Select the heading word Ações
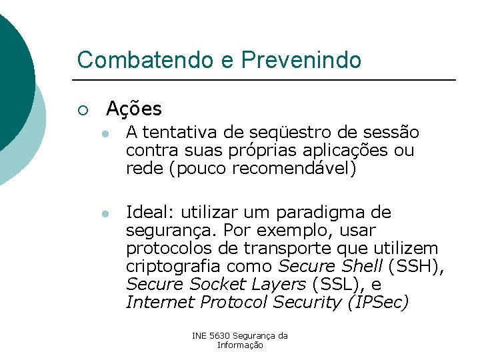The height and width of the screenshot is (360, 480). point(133,108)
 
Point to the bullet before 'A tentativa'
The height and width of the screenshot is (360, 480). point(105,134)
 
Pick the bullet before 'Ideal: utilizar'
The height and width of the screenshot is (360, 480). point(105,214)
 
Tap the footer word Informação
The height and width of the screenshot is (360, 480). point(240,345)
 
